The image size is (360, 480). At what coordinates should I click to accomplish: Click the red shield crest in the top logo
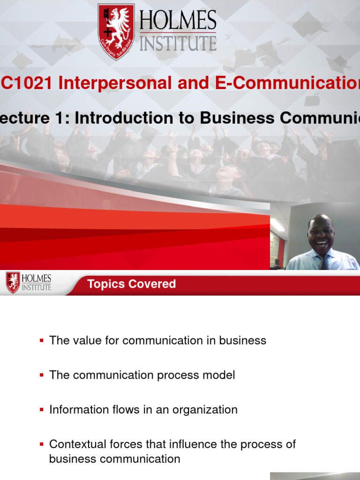tap(116, 31)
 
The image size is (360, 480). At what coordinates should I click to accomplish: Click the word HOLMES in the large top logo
tap(178, 22)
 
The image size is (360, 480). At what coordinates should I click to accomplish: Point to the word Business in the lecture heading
tap(229, 118)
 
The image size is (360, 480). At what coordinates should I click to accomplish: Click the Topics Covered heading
tap(132, 284)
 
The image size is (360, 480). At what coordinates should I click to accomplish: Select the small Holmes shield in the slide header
tap(13, 283)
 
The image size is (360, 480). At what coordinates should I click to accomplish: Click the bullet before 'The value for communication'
tap(42, 341)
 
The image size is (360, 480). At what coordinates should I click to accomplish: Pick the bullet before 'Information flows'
tap(42, 410)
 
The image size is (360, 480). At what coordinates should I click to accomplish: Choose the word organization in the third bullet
tap(205, 410)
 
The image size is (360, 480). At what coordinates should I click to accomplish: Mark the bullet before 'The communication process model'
tap(42, 375)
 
